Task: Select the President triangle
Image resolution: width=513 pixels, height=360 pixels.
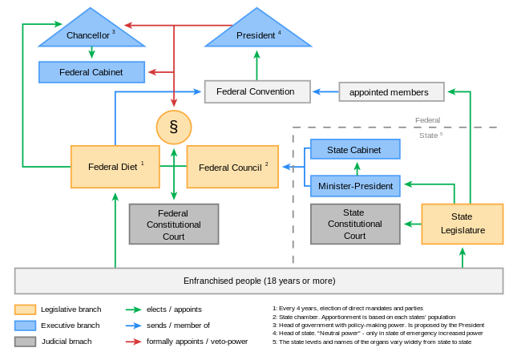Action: click(256, 34)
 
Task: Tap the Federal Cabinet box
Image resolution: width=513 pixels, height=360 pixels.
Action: click(91, 72)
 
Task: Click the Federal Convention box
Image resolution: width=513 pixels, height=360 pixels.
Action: click(256, 91)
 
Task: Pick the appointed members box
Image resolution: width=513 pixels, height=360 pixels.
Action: click(391, 92)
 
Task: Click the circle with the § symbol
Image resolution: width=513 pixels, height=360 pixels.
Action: click(174, 127)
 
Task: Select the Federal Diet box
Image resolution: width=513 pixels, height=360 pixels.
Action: click(115, 167)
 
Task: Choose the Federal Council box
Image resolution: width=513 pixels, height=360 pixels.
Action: click(232, 167)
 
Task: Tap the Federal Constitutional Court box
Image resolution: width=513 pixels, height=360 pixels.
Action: click(173, 224)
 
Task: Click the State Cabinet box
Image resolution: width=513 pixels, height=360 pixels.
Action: click(354, 149)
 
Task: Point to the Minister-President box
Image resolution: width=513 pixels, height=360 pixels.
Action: click(354, 186)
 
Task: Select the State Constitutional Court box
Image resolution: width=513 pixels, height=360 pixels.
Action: click(354, 224)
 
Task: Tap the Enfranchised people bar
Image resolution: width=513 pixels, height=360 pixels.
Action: click(259, 281)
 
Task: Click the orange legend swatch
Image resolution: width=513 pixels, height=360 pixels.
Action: click(25, 309)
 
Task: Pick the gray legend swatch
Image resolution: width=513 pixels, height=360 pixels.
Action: click(25, 342)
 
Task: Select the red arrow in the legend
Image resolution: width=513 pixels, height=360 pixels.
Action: click(133, 342)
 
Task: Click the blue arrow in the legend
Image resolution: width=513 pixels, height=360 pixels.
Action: click(133, 326)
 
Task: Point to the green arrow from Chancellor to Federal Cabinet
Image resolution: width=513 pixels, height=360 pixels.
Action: click(91, 53)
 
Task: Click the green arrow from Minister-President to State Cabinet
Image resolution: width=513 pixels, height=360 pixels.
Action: click(357, 168)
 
